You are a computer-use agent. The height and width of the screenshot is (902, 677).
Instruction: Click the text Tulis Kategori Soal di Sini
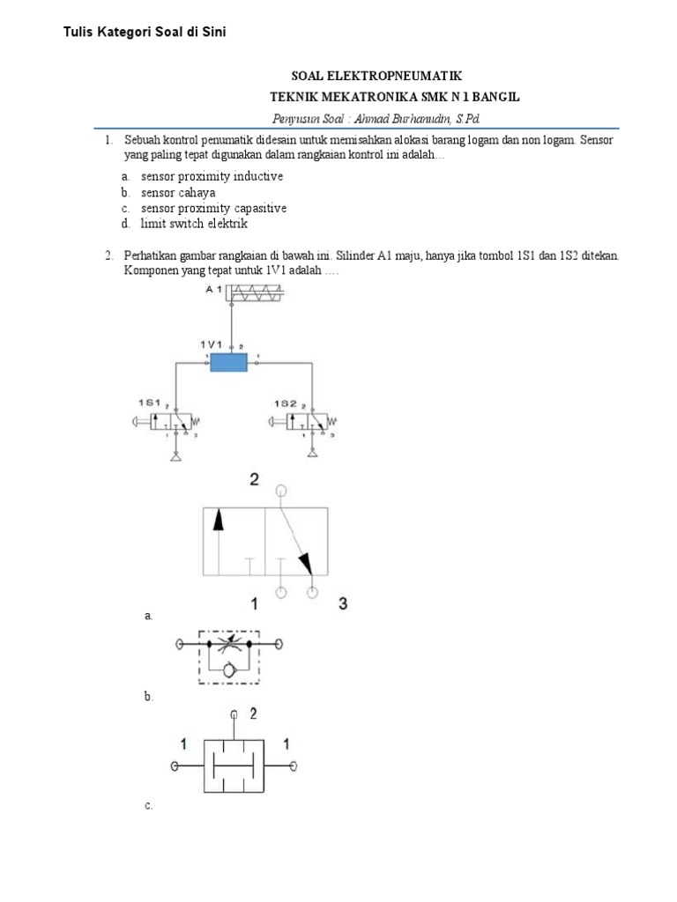tap(145, 33)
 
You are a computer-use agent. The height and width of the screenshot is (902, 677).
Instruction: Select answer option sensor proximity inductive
tap(212, 176)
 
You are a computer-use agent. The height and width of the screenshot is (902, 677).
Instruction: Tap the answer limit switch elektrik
tap(194, 224)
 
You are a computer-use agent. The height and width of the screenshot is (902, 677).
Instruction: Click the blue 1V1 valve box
tap(229, 362)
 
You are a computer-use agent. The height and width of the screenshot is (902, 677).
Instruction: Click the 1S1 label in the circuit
tap(147, 403)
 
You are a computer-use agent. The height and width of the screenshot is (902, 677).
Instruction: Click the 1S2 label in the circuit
tap(284, 403)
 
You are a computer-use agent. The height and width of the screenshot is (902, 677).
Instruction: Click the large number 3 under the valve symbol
tap(344, 603)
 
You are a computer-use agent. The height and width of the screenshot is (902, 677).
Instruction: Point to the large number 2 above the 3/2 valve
tap(254, 479)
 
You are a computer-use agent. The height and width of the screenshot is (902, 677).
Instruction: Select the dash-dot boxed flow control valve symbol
tap(228, 655)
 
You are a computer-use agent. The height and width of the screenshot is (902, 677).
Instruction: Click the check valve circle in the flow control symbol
tap(229, 671)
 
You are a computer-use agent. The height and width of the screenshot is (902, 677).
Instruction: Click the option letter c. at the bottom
tap(149, 805)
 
